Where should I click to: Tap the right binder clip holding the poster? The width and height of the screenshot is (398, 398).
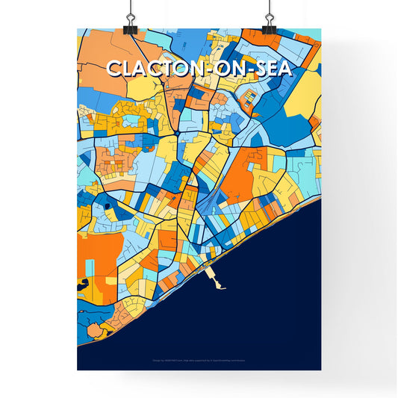tap(269, 24)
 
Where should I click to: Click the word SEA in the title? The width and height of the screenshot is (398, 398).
tap(272, 68)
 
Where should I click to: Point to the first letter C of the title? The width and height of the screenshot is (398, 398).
tap(114, 68)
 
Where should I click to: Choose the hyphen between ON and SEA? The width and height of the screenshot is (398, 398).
tap(246, 69)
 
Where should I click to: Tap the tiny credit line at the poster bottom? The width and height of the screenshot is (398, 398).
tap(199, 361)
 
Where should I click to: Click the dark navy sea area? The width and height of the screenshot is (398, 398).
tap(261, 299)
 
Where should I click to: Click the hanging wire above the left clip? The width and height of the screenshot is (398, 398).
tap(131, 7)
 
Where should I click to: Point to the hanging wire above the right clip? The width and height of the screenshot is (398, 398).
tap(268, 7)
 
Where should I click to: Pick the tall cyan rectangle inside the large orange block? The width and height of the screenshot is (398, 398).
tap(90, 267)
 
